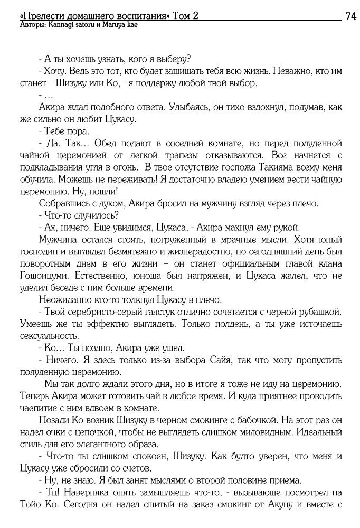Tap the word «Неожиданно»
65,300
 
